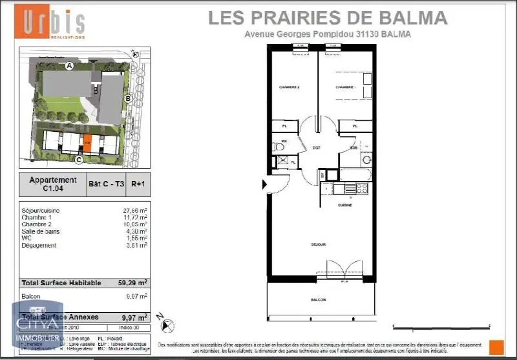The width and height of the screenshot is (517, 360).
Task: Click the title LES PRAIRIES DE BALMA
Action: click(x=328, y=17)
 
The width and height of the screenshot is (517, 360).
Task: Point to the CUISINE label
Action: click(x=344, y=205)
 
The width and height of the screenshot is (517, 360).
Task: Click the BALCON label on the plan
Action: click(x=318, y=300)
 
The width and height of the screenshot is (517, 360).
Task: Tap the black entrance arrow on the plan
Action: click(x=263, y=185)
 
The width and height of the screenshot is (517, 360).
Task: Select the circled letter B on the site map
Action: click(x=128, y=98)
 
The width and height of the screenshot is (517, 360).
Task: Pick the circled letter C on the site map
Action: click(x=79, y=160)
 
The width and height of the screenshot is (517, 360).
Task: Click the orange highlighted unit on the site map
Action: click(x=87, y=143)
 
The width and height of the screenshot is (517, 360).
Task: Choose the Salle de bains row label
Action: click(x=42, y=231)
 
